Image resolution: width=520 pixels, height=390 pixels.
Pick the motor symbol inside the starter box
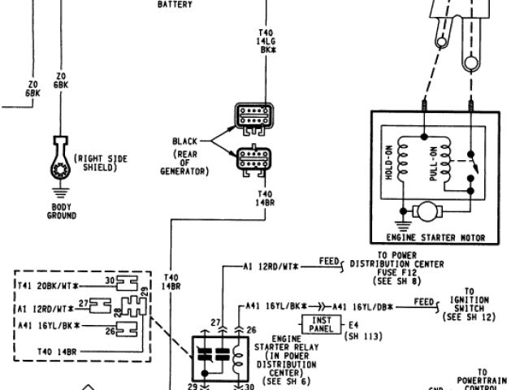(x=426, y=211)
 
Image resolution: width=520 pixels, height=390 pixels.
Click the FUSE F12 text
(x=396, y=272)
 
